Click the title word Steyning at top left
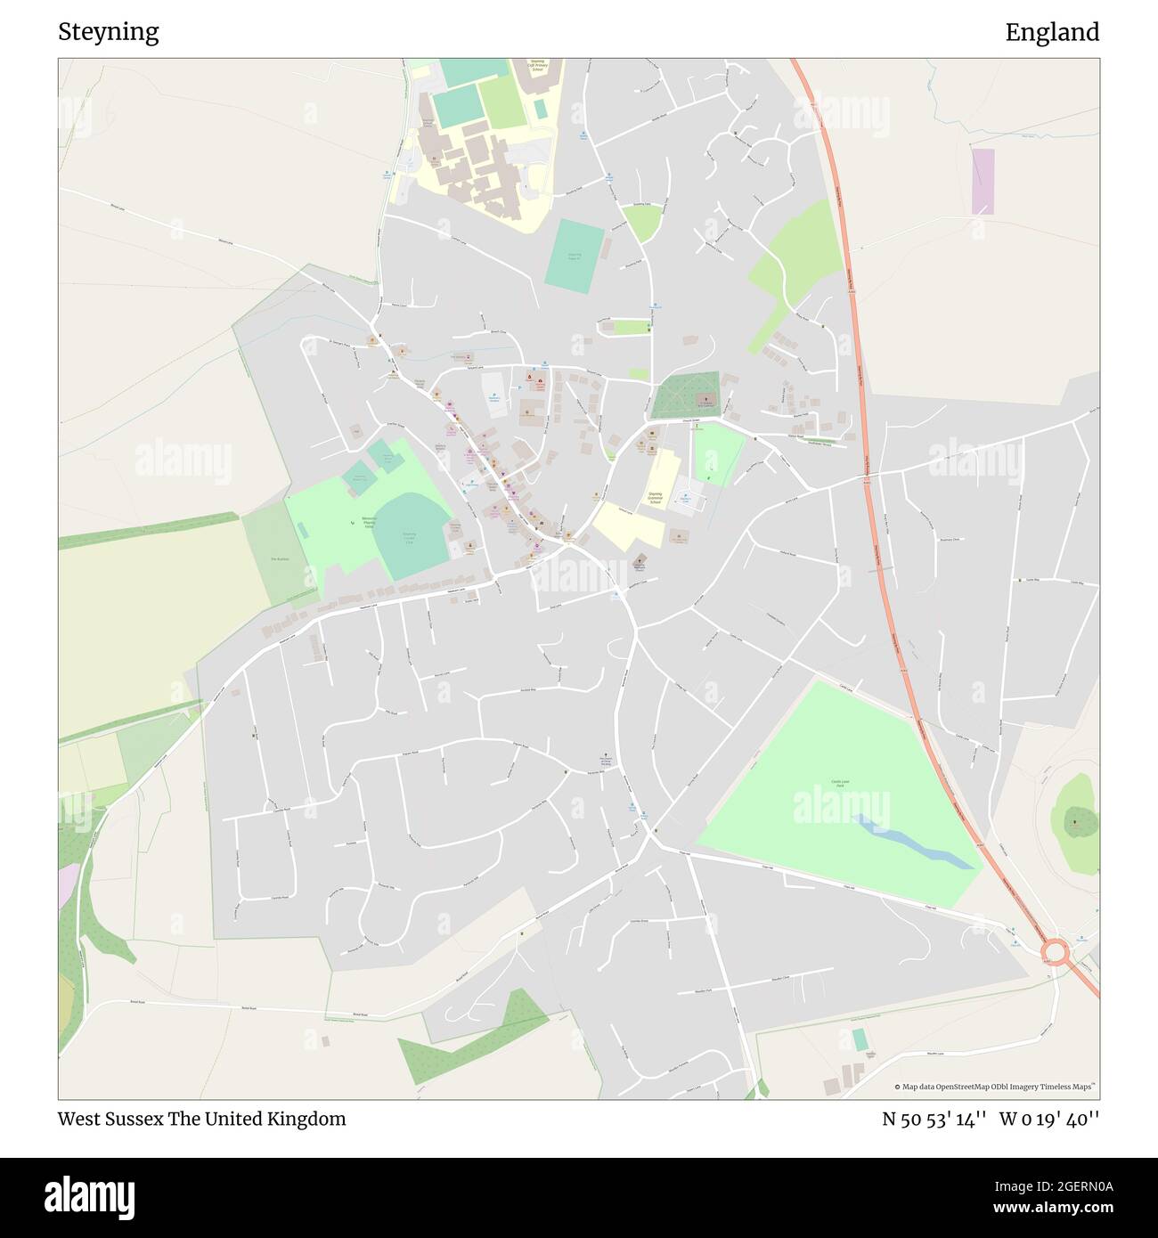(108, 32)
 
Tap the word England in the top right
(1051, 32)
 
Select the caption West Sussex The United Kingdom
(201, 1119)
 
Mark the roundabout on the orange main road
(1056, 953)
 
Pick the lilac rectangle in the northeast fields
(983, 182)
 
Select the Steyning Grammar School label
(655, 498)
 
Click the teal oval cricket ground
(412, 534)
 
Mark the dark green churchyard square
(685, 395)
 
